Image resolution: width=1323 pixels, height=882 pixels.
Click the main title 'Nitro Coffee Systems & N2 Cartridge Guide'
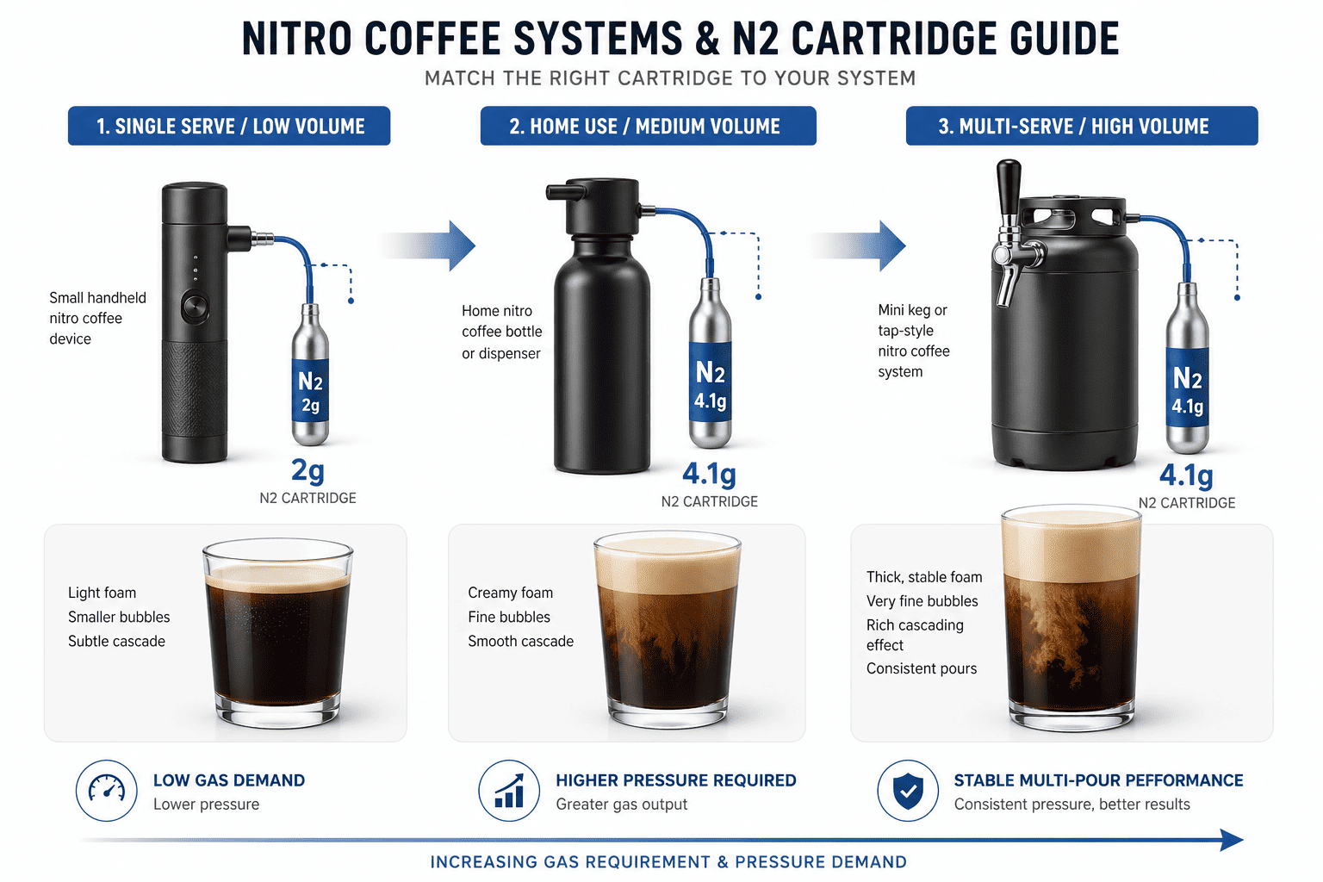tap(680, 39)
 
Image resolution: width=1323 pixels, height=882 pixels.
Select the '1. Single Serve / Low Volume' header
tap(229, 126)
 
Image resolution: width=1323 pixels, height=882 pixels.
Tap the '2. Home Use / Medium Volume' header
tap(648, 126)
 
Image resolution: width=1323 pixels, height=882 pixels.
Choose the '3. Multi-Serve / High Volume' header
tap(1081, 126)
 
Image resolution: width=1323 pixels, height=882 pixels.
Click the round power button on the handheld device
tap(195, 307)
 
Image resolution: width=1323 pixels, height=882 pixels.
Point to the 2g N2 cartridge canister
tap(310, 376)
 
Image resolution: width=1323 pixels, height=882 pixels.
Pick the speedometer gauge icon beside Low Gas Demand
tap(107, 790)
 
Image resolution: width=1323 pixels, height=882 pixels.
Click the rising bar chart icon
tap(509, 790)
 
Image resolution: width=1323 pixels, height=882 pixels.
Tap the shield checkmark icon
tap(908, 790)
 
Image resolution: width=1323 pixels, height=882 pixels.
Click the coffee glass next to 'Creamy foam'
tap(668, 629)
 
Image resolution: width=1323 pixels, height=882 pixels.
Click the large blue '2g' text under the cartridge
tap(307, 470)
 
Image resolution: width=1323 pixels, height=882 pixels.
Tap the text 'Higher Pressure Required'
tap(675, 780)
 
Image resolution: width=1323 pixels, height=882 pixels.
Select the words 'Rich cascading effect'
tap(915, 635)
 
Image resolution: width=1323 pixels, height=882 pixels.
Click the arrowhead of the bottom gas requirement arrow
tap(1232, 840)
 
